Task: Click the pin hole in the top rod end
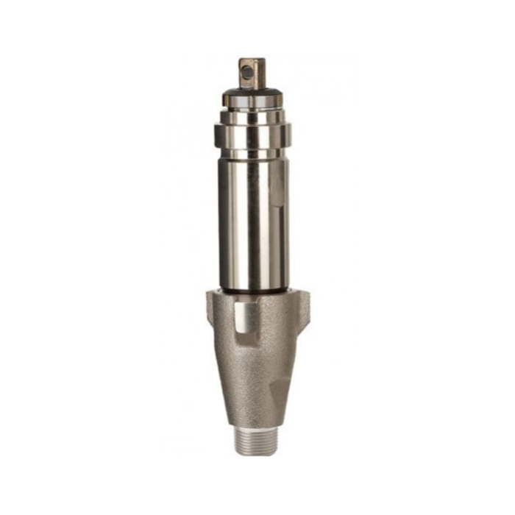coord(247,72)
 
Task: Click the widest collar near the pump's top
coord(252,136)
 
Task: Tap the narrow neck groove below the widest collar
coord(252,154)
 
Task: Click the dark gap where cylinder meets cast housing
coord(254,291)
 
